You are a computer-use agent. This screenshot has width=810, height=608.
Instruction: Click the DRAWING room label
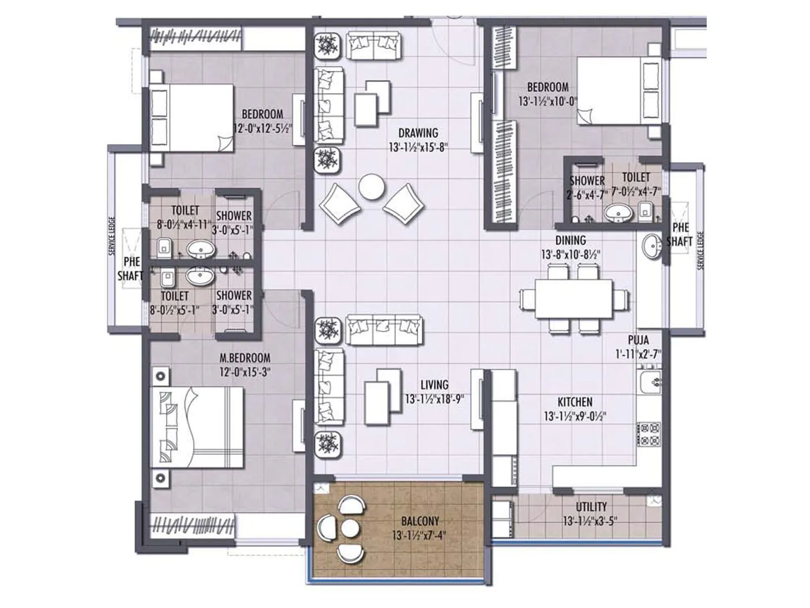(x=418, y=133)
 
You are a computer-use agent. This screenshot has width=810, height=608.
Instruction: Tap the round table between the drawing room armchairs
(x=372, y=187)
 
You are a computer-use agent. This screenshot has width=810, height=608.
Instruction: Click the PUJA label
(x=638, y=340)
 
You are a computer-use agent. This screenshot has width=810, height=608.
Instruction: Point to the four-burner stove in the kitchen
(x=649, y=434)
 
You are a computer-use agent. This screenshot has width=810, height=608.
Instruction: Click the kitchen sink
(x=650, y=382)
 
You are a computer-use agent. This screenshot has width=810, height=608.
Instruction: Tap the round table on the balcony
(x=350, y=528)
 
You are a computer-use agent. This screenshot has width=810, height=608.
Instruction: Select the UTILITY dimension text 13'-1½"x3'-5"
(x=590, y=521)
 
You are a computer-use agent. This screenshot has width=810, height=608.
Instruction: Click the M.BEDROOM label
(x=245, y=358)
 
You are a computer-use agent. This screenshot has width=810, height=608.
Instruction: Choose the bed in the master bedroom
(x=197, y=428)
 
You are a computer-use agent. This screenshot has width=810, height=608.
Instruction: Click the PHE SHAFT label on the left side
(x=131, y=269)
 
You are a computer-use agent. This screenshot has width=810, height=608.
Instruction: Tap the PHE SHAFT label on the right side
(x=679, y=235)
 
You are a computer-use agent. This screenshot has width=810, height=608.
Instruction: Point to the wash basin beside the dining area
(x=652, y=247)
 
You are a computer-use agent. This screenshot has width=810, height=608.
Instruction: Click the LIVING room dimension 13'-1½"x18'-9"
(x=434, y=399)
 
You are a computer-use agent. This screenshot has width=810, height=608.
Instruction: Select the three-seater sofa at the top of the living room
(x=384, y=330)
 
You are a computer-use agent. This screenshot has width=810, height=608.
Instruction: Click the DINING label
(x=571, y=240)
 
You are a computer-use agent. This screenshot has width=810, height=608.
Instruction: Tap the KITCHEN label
(x=575, y=402)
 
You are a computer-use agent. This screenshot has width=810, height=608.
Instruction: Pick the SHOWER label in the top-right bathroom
(x=587, y=181)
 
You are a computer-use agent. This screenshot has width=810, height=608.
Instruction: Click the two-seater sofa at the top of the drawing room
(x=374, y=46)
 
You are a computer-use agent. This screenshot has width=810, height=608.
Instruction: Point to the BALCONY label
(x=420, y=521)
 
